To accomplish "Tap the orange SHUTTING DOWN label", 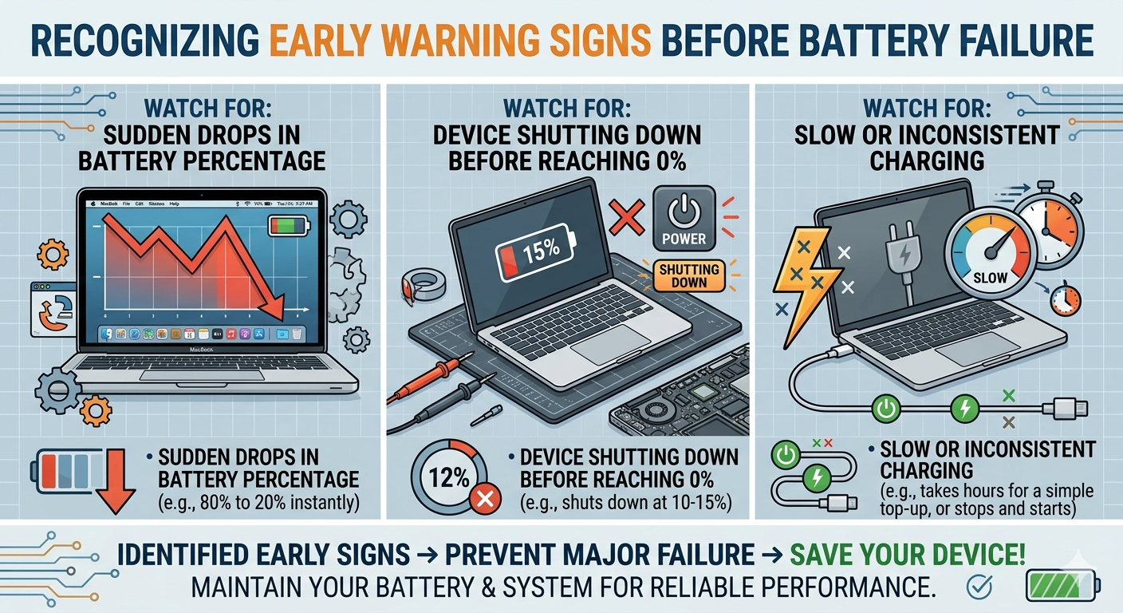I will (688, 275).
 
